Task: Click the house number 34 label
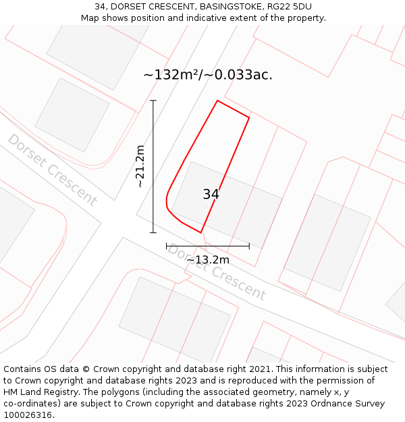(x=211, y=194)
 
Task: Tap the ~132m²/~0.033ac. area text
(x=208, y=75)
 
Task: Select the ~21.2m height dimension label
(x=140, y=166)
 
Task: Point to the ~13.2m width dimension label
(x=208, y=259)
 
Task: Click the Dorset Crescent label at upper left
(x=52, y=169)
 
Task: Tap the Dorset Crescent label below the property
(x=216, y=272)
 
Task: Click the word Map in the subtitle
(x=90, y=18)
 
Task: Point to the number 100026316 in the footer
(x=28, y=415)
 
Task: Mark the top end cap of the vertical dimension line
(x=153, y=101)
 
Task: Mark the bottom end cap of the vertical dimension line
(x=153, y=233)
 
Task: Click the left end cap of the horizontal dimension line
(x=167, y=246)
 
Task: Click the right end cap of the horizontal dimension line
(x=249, y=246)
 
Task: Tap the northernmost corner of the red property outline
(x=217, y=101)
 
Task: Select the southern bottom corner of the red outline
(x=200, y=233)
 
